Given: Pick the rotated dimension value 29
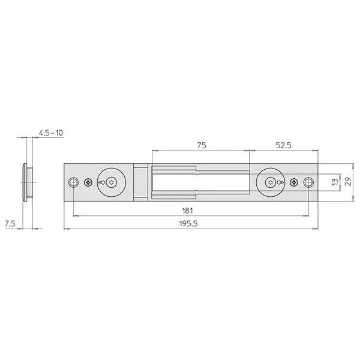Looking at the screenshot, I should [349, 181].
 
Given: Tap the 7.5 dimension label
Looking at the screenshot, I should [10, 223].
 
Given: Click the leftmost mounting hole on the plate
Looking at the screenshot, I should [73, 182].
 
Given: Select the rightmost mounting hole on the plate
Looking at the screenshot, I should [309, 182].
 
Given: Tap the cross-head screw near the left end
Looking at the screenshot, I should [89, 182].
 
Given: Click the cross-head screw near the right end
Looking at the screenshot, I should [293, 182].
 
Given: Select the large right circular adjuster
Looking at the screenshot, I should [271, 182].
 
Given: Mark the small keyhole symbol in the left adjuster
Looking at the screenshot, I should [103, 182].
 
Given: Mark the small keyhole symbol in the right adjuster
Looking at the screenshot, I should [278, 182].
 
